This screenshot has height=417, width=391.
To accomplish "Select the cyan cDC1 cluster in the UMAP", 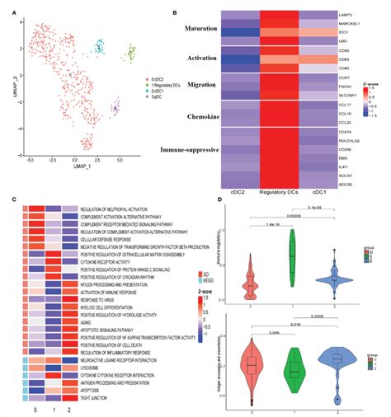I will [100, 46].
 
